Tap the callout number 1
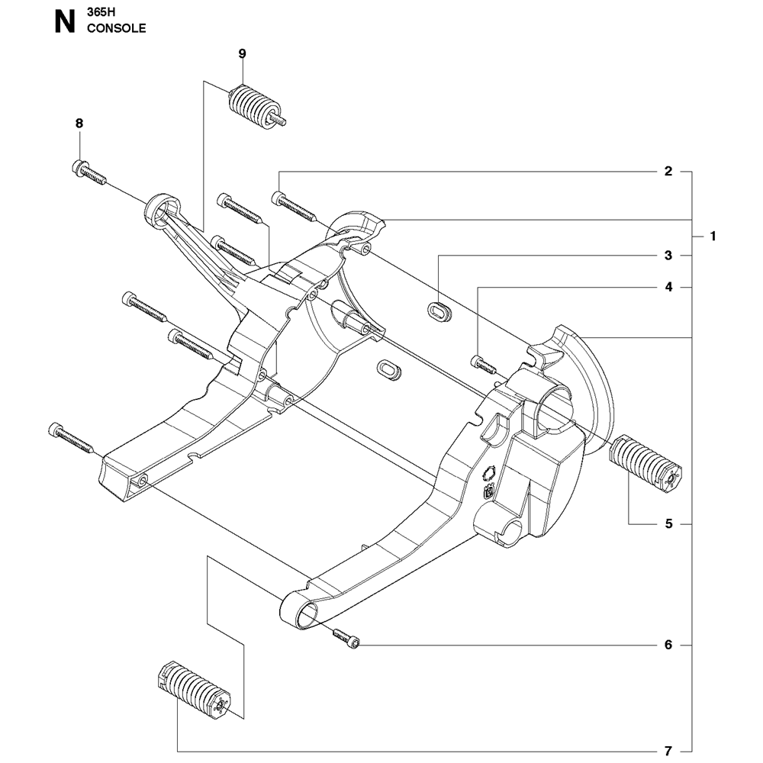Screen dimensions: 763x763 coord(713,237)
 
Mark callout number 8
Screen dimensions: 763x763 coord(79,123)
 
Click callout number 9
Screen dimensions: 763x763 coord(242,53)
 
